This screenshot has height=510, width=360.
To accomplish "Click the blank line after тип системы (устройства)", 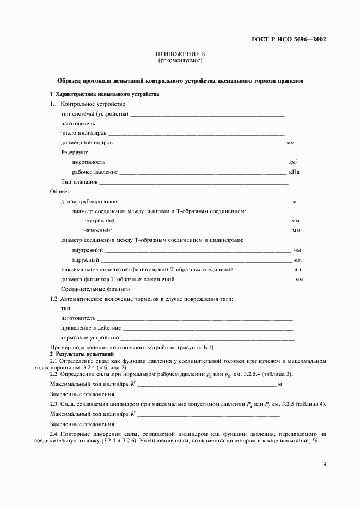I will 208,114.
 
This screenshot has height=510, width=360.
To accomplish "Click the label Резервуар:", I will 76,153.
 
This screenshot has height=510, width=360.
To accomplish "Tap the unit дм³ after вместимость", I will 293,162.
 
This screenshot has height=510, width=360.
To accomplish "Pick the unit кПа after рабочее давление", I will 294,172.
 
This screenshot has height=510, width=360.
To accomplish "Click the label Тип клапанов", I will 80,182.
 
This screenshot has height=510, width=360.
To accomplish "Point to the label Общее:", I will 59,192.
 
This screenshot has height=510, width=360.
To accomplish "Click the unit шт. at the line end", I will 298,269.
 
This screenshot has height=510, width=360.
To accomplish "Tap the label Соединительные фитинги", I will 95,289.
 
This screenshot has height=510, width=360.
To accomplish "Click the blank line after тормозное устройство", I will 208,338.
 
